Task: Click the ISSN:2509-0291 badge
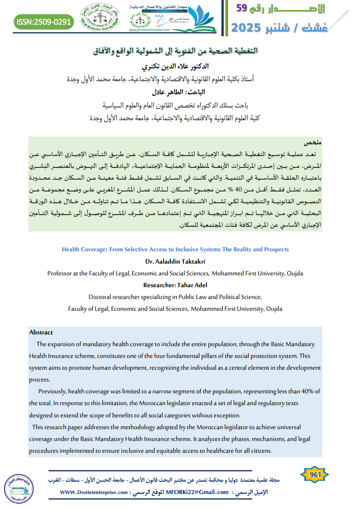click(44, 21)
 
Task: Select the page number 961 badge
click(315, 475)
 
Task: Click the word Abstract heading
click(41, 333)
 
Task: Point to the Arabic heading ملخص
click(313, 142)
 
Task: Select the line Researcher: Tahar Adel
click(175, 285)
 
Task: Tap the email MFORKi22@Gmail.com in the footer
click(197, 492)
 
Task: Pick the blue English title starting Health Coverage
click(175, 250)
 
